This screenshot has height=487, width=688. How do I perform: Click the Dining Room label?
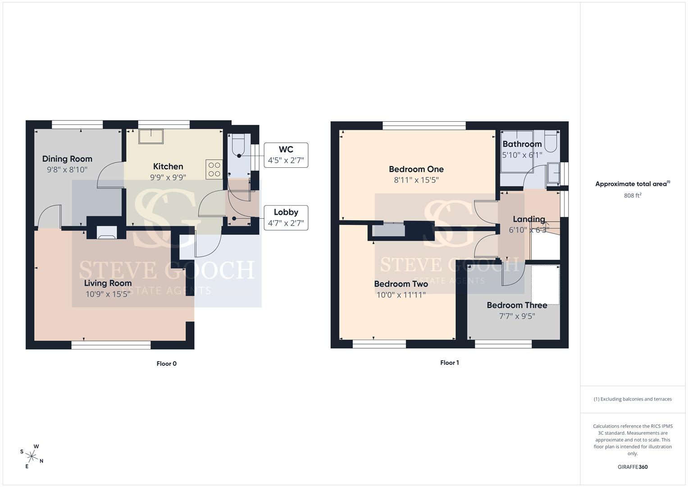[67, 159]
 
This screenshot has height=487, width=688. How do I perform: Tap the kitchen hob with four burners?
[214, 170]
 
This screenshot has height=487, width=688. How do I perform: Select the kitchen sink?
[151, 137]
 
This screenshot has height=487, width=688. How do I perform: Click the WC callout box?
[286, 155]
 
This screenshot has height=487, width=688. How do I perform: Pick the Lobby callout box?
[286, 218]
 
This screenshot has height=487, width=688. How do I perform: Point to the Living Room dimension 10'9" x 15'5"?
[108, 294]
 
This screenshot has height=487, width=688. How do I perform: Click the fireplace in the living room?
[107, 232]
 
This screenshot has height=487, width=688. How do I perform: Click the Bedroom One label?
[416, 169]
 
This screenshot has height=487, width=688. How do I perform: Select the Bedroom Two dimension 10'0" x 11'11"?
[401, 295]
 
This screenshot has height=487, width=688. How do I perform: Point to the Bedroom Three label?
[517, 305]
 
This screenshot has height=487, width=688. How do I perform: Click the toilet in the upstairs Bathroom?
[551, 141]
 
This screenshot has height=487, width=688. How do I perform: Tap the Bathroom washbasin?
[553, 174]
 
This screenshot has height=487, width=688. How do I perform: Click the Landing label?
[529, 219]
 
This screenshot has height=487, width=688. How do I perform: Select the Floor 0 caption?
[166, 364]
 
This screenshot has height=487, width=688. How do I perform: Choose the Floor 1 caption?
[449, 363]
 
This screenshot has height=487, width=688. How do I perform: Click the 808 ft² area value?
[633, 195]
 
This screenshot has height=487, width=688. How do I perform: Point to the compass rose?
[32, 456]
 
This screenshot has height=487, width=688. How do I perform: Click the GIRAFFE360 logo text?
[633, 467]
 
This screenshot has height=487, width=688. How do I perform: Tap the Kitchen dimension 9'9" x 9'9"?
[168, 177]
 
